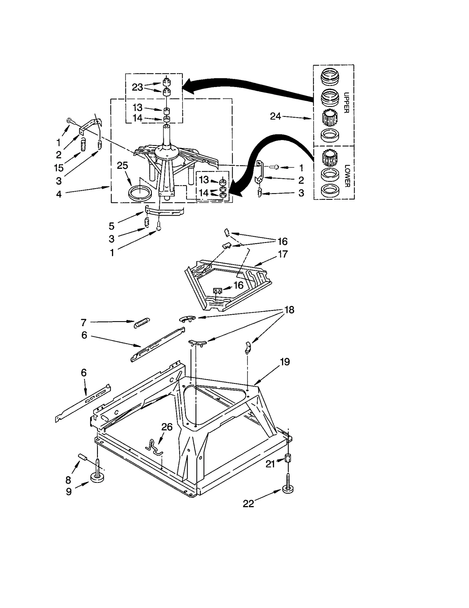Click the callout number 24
(x=275, y=116)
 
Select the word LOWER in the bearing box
(x=347, y=176)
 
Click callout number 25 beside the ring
(x=122, y=166)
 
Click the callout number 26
(x=166, y=427)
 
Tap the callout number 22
(x=248, y=504)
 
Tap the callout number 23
(x=137, y=87)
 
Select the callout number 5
(x=111, y=226)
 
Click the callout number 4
(x=59, y=194)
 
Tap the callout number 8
(x=68, y=480)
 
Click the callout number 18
(x=289, y=310)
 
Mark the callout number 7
(x=84, y=323)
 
